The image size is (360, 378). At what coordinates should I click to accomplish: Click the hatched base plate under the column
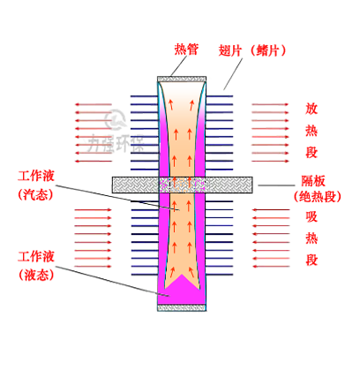coord(182,307)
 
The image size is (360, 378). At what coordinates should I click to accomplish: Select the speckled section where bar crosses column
coord(183,184)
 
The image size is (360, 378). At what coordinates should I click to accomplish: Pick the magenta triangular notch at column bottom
coord(182,287)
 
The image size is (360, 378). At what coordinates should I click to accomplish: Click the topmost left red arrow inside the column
coord(169,106)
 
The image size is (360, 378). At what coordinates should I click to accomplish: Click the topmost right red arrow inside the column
coord(195,106)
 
